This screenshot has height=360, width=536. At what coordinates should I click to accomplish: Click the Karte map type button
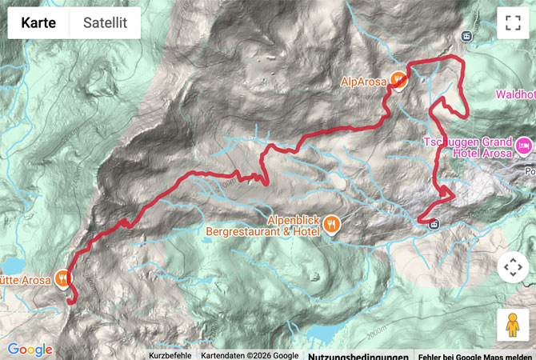click(x=38, y=23)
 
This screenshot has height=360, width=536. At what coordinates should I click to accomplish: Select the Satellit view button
click(x=105, y=23)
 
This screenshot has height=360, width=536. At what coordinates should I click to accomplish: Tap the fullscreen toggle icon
click(x=512, y=23)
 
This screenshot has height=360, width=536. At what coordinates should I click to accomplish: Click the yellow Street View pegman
click(x=512, y=325)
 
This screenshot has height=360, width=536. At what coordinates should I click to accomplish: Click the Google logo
click(x=30, y=350)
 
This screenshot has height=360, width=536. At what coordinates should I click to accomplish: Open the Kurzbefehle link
click(x=170, y=355)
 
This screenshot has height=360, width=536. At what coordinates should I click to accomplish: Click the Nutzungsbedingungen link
click(x=358, y=355)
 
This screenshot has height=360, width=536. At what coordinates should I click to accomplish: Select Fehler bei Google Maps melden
click(x=475, y=355)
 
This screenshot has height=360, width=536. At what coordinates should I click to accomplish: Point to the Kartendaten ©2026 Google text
click(x=249, y=355)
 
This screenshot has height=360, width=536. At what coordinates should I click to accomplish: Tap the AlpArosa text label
click(x=363, y=81)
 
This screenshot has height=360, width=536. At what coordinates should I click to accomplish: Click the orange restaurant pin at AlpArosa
click(x=398, y=80)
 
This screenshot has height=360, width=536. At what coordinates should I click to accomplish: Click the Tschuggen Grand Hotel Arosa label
click(x=466, y=147)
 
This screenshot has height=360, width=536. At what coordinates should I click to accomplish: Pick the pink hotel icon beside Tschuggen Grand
click(x=523, y=146)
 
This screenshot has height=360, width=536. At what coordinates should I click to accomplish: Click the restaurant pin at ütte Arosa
click(x=62, y=278)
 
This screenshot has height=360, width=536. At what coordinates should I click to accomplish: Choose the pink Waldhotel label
click(x=515, y=94)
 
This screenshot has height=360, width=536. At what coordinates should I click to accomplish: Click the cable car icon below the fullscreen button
click(x=466, y=35)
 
